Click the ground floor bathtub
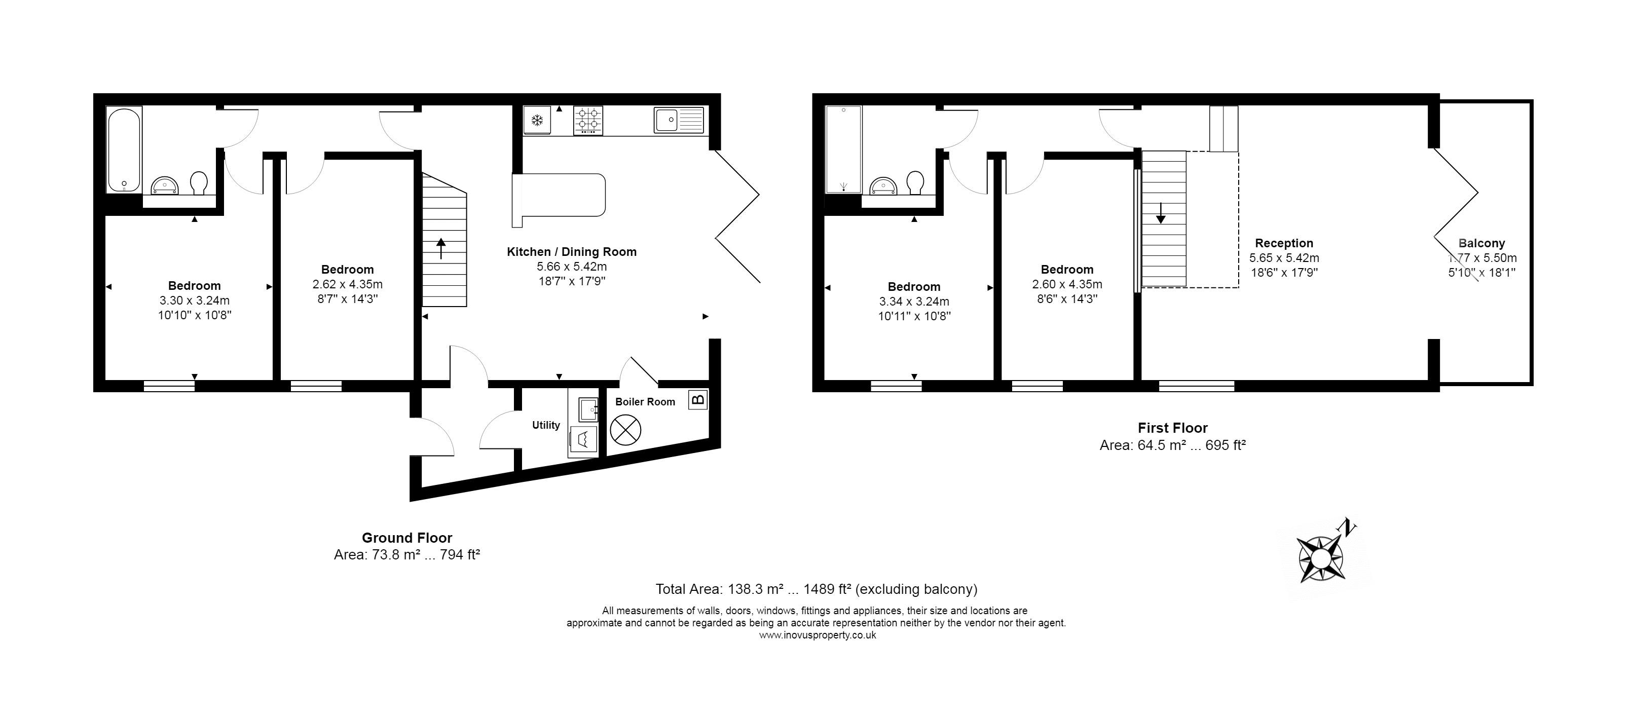click(124, 149)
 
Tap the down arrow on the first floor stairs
click(1161, 213)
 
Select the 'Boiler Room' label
click(645, 402)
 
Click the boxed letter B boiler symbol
click(698, 400)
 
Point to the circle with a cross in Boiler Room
click(626, 430)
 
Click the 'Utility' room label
click(546, 425)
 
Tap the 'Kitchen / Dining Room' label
click(572, 252)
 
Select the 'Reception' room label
click(1284, 243)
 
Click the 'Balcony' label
click(1481, 243)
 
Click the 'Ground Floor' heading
click(407, 538)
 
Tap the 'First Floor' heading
click(1173, 428)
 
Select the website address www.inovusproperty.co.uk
click(817, 635)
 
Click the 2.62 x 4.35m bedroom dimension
click(347, 285)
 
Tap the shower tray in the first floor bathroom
click(844, 149)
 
